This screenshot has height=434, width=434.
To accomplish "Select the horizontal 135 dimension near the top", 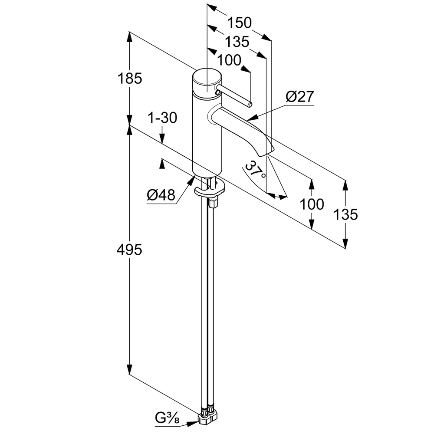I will (x=237, y=42).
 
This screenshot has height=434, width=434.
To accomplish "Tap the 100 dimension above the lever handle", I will (x=229, y=60).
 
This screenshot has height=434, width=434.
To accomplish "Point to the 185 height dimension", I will (x=130, y=79).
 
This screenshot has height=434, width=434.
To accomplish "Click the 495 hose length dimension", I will (x=130, y=250).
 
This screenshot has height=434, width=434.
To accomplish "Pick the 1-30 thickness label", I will (x=162, y=118).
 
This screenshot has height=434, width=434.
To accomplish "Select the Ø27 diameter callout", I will (x=300, y=96).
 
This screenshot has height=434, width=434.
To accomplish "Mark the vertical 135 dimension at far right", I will (x=346, y=214).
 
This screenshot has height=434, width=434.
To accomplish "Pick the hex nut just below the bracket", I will (x=213, y=203).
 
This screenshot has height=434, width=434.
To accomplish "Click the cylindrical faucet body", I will (x=207, y=135).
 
